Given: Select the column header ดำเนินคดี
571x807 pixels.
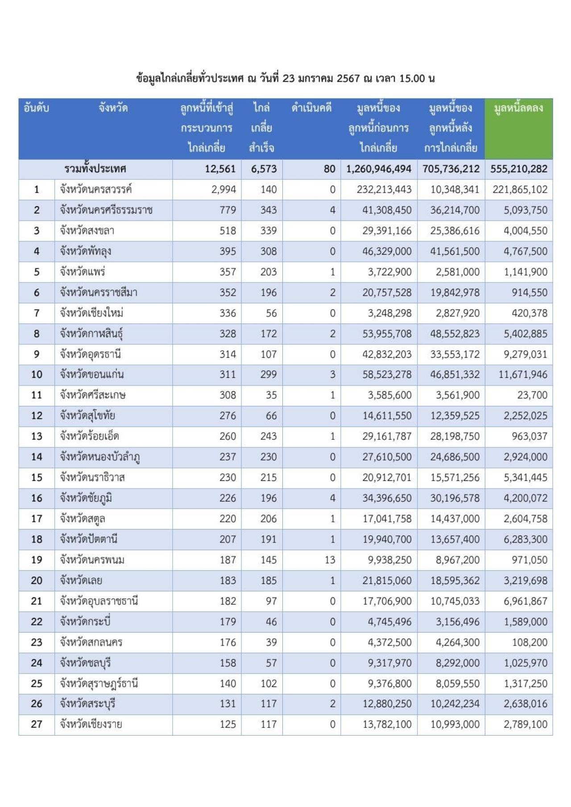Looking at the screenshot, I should (x=311, y=108).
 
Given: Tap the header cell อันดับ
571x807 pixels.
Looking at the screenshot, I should (x=36, y=108).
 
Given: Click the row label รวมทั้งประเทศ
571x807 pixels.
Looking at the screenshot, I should (x=95, y=169).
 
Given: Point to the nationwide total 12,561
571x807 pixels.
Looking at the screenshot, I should (x=220, y=169).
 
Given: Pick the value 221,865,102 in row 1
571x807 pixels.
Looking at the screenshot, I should (x=520, y=190).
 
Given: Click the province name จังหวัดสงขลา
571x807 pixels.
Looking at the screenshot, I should (x=87, y=231).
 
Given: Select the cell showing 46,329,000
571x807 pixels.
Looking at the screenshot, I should (x=387, y=251).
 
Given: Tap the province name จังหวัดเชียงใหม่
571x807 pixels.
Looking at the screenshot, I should (x=91, y=313).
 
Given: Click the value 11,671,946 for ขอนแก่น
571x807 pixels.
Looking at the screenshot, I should (x=522, y=374).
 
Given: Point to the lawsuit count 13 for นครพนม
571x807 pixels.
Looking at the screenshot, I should (x=330, y=560).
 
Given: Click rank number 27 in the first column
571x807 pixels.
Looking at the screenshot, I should (x=37, y=724).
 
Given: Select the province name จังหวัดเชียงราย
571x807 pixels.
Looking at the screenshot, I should (x=91, y=724).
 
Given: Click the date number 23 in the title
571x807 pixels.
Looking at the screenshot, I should (x=289, y=79).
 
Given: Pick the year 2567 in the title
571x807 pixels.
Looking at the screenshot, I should (x=348, y=79).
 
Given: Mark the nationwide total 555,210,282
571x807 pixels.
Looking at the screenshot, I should (x=518, y=169).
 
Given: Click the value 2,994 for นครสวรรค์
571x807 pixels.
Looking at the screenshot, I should (x=223, y=190).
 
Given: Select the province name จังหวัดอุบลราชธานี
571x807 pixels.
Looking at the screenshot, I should (x=99, y=601).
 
